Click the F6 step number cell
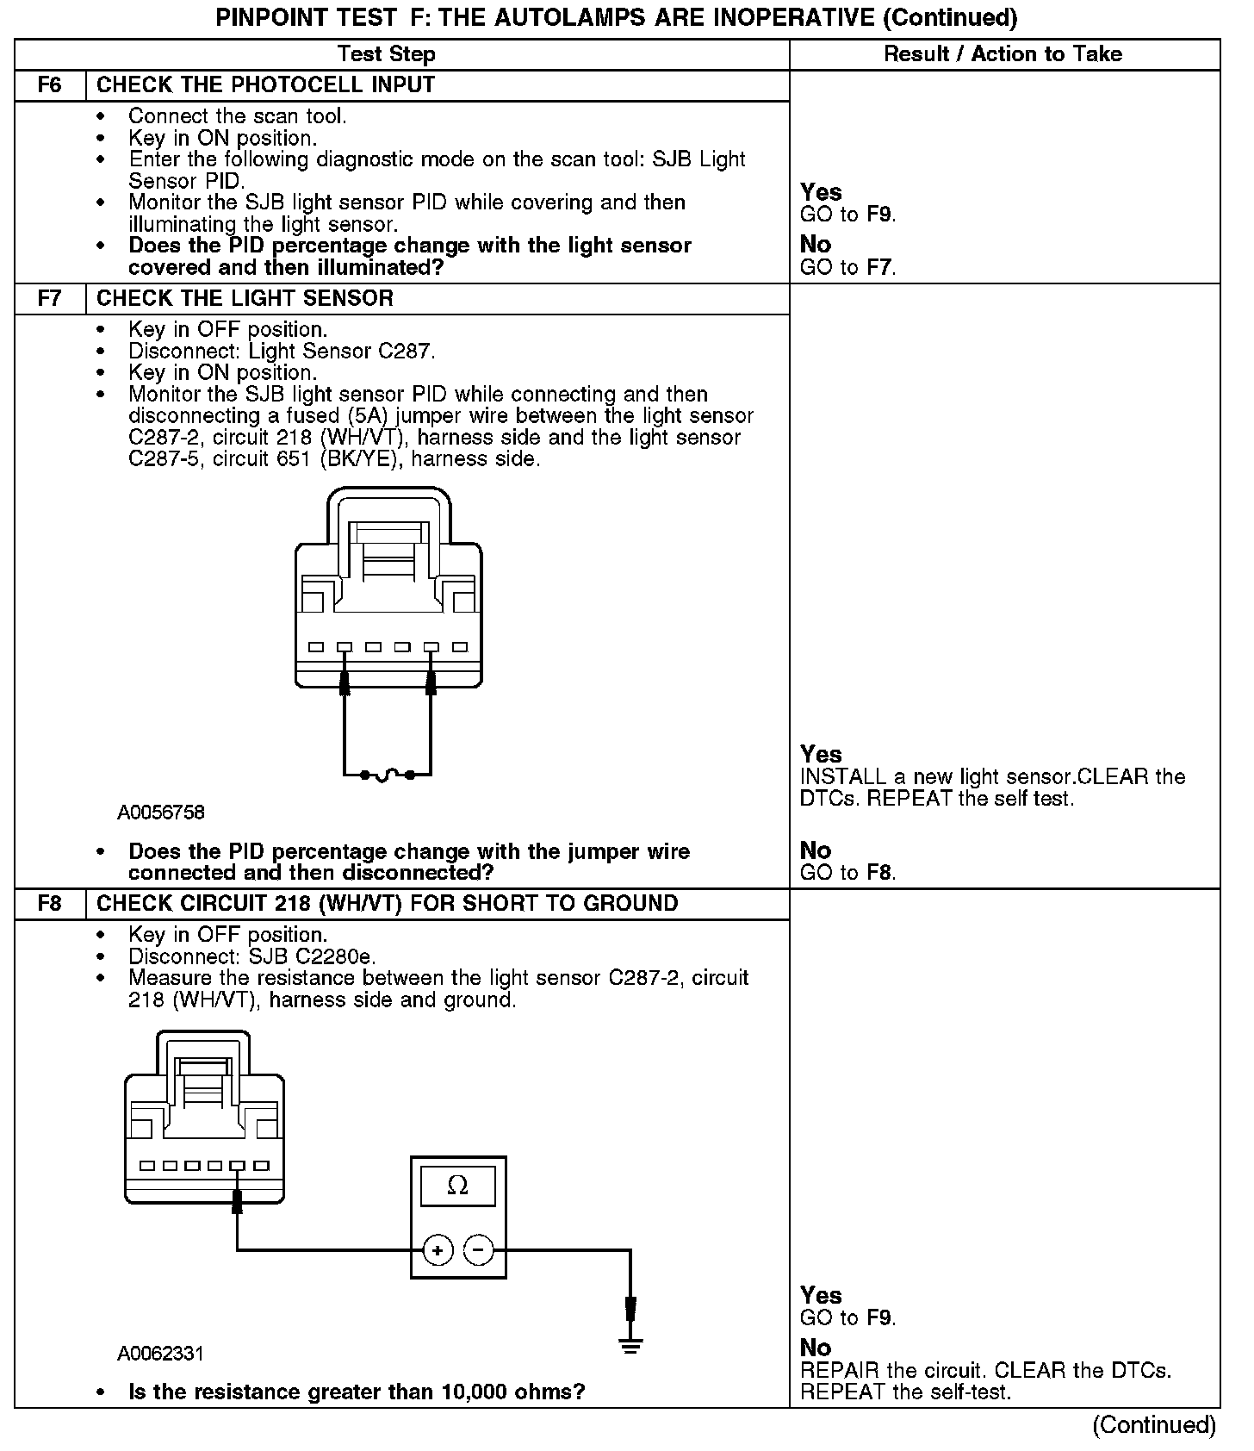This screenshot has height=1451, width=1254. (50, 85)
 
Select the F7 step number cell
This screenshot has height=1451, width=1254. (50, 299)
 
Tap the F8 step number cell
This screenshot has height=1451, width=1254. (50, 904)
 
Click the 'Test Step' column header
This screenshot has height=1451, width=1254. (387, 54)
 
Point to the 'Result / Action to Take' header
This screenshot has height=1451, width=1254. (1003, 54)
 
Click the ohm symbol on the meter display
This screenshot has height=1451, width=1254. (457, 1186)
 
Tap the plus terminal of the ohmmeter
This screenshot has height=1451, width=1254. (438, 1250)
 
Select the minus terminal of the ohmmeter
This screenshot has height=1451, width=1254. (479, 1250)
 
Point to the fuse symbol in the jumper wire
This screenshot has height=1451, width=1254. (387, 775)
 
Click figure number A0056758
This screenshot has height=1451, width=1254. (161, 813)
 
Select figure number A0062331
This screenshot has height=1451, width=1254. (160, 1354)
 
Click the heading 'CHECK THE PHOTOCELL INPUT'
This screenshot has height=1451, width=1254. (265, 85)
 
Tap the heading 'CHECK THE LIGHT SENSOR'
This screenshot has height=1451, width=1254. (245, 299)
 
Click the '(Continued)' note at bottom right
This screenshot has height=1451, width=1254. (1154, 1425)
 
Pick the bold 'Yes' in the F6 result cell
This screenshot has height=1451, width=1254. (821, 191)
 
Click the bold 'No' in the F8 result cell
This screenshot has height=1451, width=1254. (816, 1348)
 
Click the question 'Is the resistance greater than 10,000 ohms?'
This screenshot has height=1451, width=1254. (357, 1392)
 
